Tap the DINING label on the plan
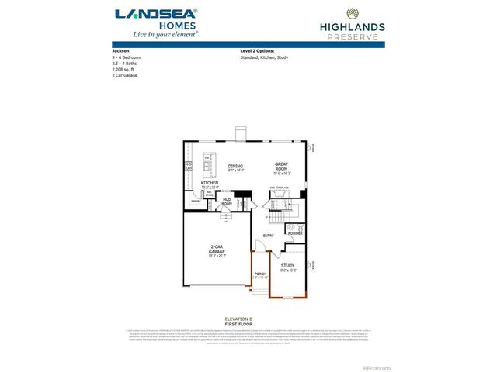236,166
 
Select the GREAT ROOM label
281,166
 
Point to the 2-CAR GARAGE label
217,250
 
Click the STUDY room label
287,265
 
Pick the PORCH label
260,274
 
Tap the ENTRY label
269,235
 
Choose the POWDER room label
295,233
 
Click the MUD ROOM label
228,201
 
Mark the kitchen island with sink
208,164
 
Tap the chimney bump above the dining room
240,133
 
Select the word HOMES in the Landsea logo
156,24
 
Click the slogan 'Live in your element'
155,34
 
